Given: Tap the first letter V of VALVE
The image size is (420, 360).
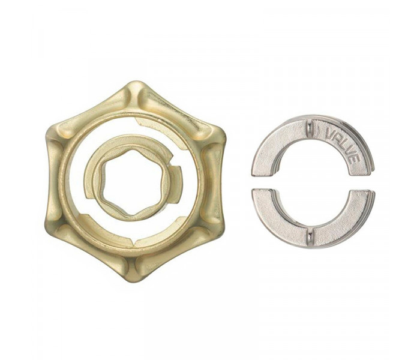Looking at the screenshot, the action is (329, 133).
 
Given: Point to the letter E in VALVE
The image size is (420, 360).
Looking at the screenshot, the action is (355, 158).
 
